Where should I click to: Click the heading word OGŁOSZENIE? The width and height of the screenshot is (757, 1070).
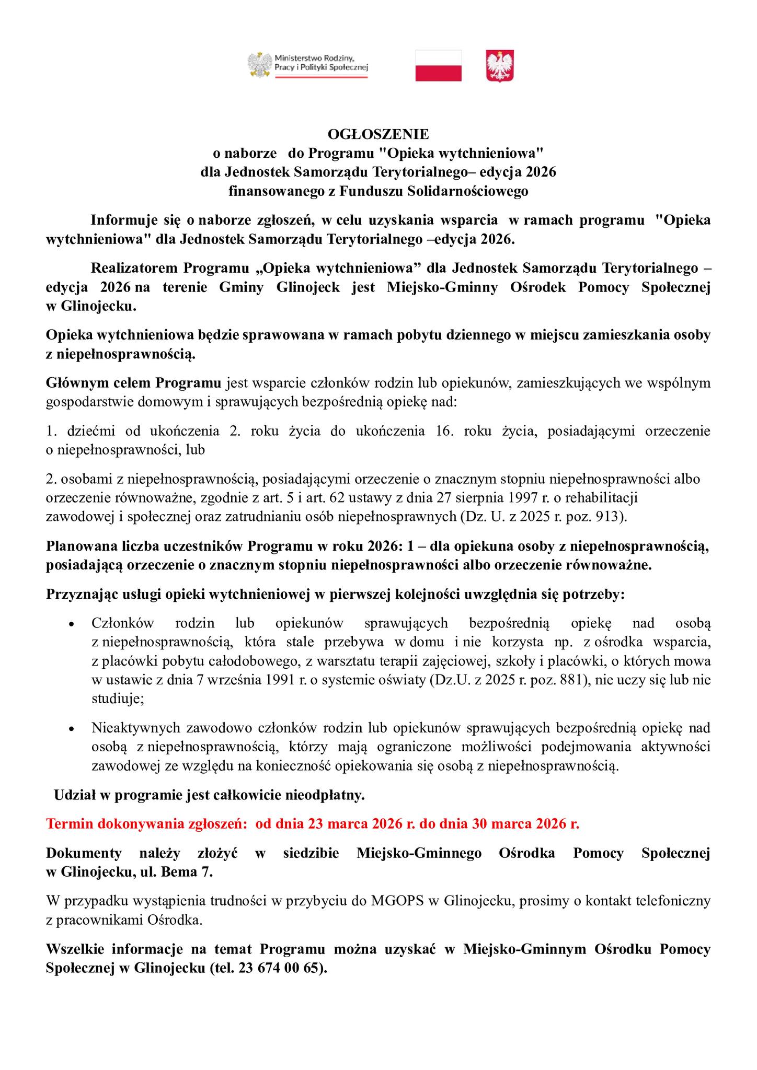click(378, 134)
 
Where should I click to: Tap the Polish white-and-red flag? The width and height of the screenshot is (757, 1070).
click(438, 65)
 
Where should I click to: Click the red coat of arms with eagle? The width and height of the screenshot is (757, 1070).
click(500, 65)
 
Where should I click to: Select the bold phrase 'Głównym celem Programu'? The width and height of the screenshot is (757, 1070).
click(134, 383)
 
